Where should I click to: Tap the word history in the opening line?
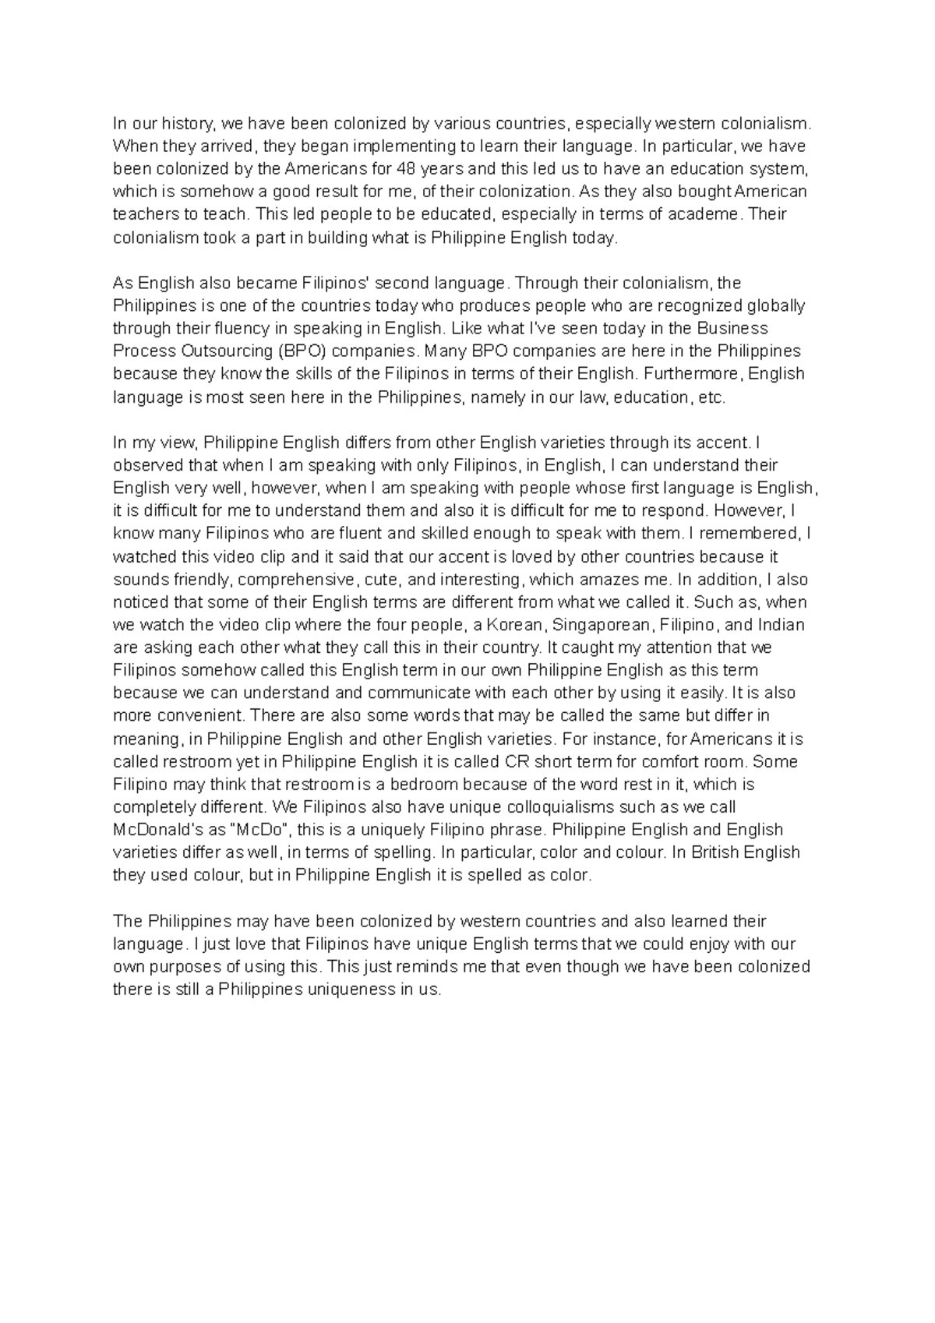pos(187,124)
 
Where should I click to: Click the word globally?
pos(776,305)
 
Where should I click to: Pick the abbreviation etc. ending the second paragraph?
pos(711,397)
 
